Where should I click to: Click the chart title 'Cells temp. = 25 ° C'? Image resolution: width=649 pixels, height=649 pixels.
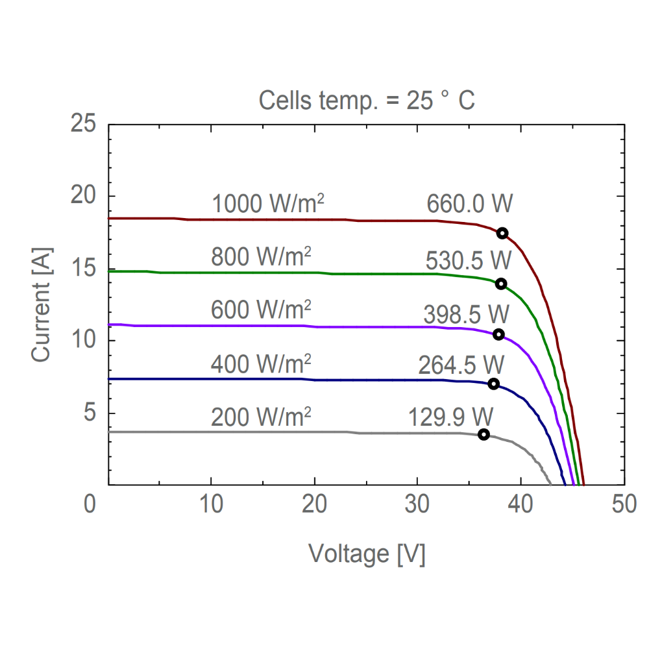(367, 101)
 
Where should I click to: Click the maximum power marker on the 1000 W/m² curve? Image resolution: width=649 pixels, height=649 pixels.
(502, 233)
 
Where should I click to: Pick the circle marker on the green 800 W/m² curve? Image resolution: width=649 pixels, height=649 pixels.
(500, 284)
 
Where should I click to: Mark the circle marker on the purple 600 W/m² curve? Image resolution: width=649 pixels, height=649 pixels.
(498, 334)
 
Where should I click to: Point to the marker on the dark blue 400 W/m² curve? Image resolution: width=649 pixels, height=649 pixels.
(493, 384)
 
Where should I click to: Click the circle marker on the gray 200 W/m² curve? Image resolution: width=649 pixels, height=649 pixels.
(484, 434)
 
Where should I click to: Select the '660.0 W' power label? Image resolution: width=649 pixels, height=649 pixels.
(469, 204)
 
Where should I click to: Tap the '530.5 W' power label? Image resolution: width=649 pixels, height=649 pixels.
(469, 260)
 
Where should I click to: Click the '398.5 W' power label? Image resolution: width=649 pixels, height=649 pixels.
(466, 315)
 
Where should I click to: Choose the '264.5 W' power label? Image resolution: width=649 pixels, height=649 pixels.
(461, 365)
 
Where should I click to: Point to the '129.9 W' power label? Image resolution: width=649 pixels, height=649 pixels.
(451, 416)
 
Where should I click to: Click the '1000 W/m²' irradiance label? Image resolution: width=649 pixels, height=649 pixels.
(268, 204)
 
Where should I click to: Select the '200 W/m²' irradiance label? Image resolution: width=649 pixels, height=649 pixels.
(261, 416)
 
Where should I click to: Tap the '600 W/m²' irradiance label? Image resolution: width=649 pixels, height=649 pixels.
(261, 310)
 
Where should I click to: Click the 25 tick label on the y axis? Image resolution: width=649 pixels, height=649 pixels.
(84, 124)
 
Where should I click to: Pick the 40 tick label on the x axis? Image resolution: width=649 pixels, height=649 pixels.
(521, 504)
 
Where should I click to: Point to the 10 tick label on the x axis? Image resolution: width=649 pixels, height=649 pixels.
(211, 504)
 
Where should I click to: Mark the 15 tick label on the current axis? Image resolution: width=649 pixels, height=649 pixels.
(84, 268)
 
